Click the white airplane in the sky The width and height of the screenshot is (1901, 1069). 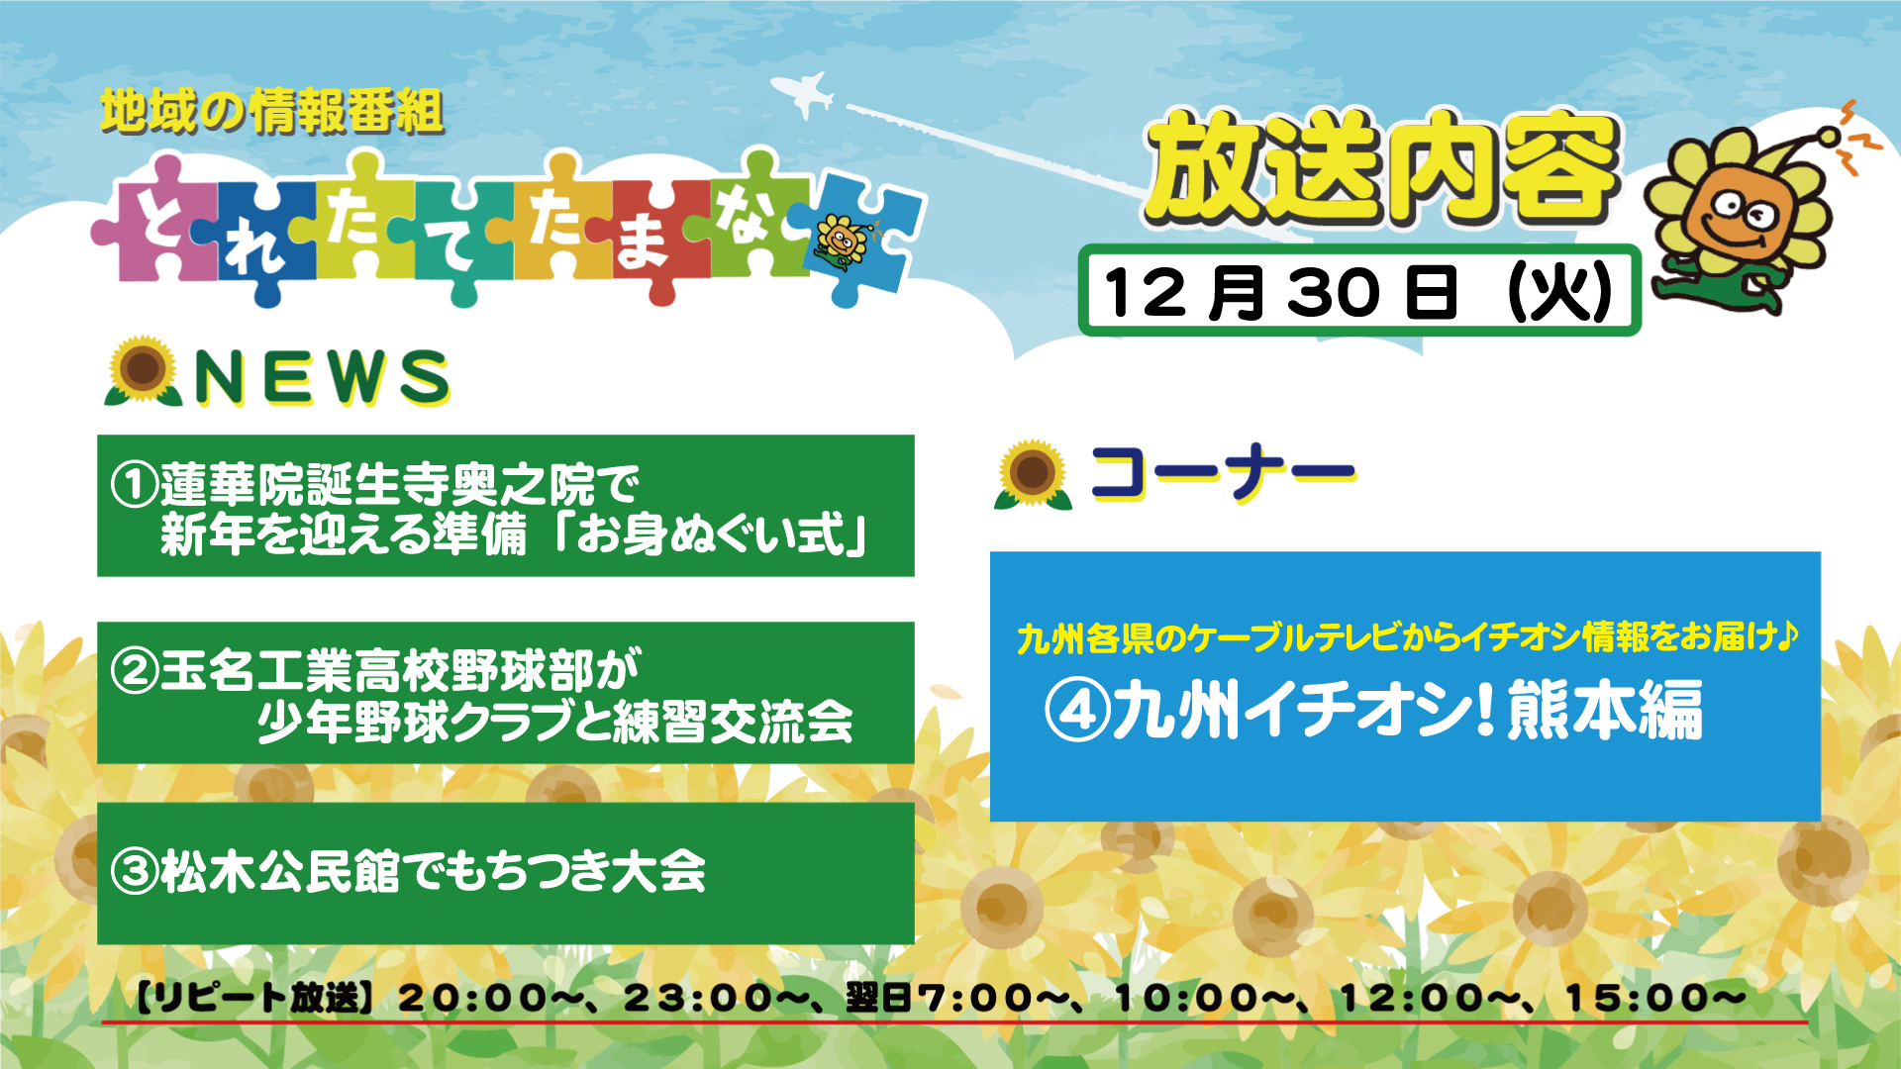803,94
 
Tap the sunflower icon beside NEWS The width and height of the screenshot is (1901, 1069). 144,370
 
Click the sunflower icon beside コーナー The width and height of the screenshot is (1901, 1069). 1033,474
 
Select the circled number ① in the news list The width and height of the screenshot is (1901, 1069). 135,485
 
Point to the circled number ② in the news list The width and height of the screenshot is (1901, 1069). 135,671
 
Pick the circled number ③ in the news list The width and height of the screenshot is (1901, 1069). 135,871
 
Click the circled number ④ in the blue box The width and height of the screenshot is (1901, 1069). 1077,710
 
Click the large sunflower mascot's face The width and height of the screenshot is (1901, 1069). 1739,214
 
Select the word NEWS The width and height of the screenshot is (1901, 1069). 322,377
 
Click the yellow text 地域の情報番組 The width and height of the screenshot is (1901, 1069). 271,111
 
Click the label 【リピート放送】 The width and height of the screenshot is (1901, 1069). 255,998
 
